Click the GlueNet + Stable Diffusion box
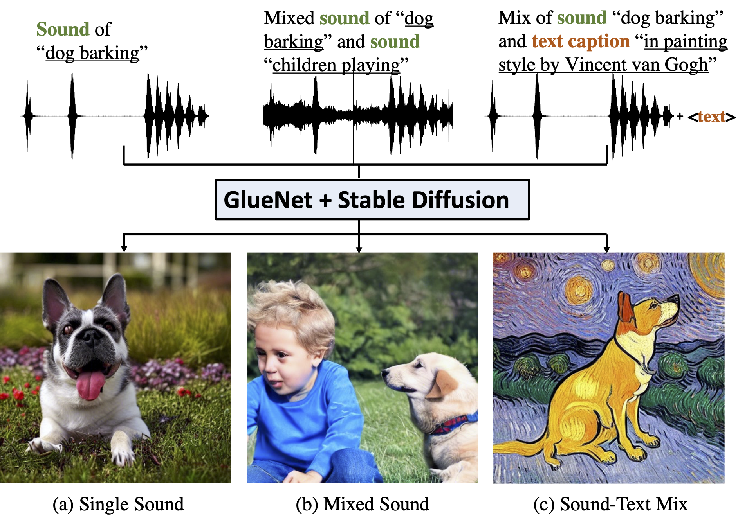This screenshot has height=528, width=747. click(x=372, y=199)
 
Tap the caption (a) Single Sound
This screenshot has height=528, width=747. click(x=118, y=504)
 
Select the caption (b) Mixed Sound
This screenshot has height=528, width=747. click(x=363, y=504)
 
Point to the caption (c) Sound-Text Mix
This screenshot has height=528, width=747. click(x=610, y=504)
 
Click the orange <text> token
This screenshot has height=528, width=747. click(x=711, y=117)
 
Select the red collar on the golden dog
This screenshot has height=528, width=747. click(x=454, y=423)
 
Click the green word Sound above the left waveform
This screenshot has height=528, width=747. click(x=63, y=29)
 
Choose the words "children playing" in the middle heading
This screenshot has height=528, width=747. click(x=336, y=65)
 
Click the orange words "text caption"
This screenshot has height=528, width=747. click(x=581, y=41)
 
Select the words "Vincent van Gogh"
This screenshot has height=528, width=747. click(x=637, y=65)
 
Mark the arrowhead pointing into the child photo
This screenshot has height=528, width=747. click(x=359, y=249)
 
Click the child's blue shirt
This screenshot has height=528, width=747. click(x=301, y=415)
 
